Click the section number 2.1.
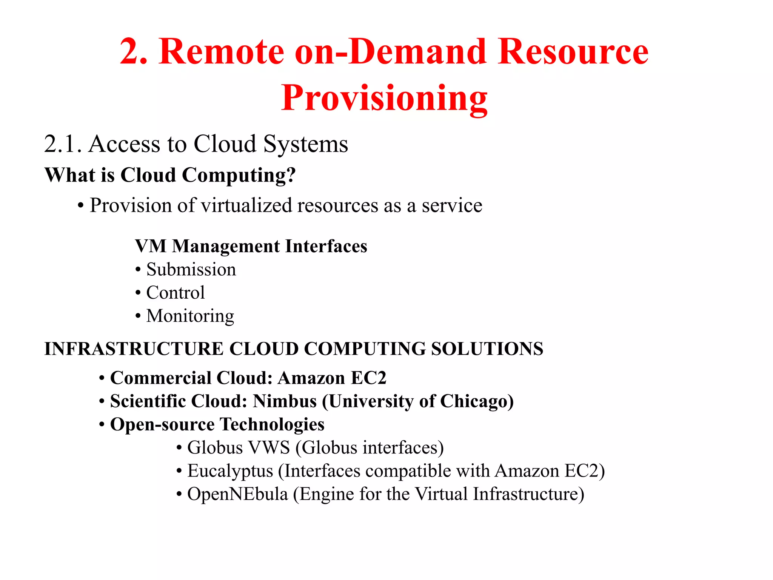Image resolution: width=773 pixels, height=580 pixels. (x=63, y=144)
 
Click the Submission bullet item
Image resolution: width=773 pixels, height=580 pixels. (x=191, y=270)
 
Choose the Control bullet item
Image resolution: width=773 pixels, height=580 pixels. (x=176, y=293)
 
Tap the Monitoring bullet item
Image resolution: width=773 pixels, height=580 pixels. (x=190, y=316)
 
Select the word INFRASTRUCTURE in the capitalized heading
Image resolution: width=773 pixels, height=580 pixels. (x=134, y=349)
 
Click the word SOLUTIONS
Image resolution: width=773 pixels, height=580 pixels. (x=487, y=349)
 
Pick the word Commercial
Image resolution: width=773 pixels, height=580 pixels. (x=161, y=378)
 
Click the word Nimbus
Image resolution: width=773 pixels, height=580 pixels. (x=285, y=401)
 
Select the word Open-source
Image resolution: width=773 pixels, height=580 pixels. (x=162, y=424)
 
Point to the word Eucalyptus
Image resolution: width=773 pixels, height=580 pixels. (x=230, y=471)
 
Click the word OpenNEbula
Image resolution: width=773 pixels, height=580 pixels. (x=237, y=494)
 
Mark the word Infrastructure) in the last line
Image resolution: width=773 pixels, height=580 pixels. (x=528, y=494)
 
